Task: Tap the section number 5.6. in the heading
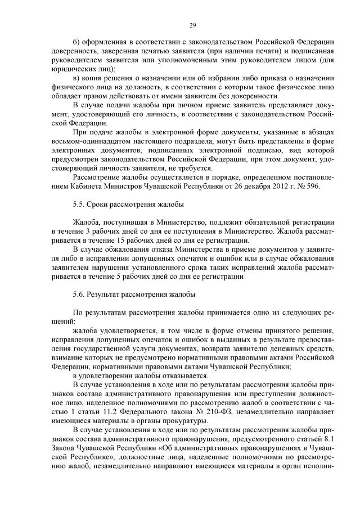coord(80,294)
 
